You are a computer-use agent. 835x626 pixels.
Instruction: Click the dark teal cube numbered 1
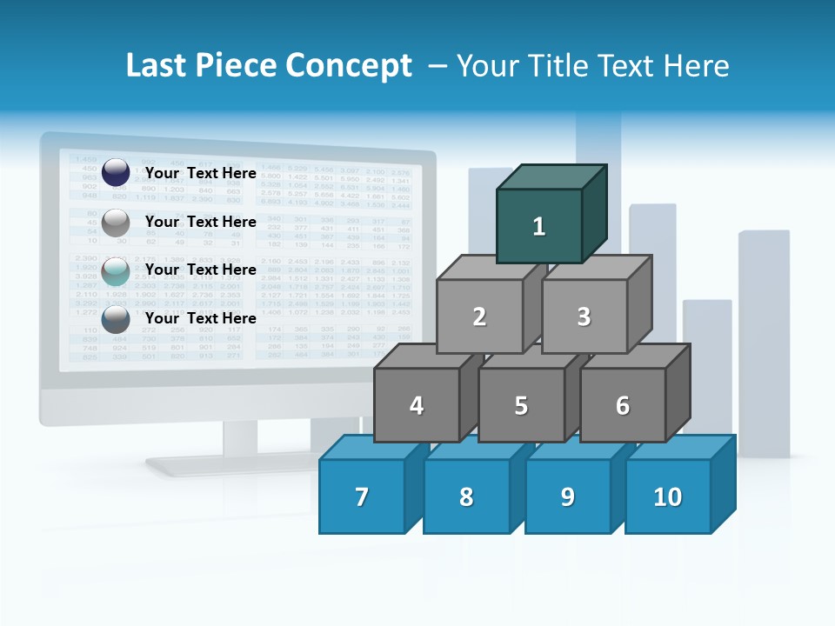pos(539,226)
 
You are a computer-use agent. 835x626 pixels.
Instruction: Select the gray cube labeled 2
pos(479,317)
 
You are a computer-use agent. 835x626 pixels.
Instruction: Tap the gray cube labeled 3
pos(584,317)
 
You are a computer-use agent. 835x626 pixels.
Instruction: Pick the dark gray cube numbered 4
pos(417,405)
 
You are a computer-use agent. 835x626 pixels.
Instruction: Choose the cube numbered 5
pos(521,405)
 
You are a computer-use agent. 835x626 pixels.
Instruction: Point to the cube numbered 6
pos(623,405)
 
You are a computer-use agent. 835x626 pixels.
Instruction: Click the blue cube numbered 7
pos(362,496)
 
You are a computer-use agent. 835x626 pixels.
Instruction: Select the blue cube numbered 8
pos(466,496)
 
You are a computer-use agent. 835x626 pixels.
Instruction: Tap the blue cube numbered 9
pos(568,496)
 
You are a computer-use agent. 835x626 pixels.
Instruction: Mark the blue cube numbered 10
pos(668,496)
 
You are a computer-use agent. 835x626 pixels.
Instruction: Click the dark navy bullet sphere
pos(116,173)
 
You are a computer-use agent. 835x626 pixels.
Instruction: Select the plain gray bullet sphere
pos(116,223)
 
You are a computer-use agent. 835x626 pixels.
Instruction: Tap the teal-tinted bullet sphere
pos(116,271)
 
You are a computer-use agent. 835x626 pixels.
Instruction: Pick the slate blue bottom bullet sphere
pos(116,319)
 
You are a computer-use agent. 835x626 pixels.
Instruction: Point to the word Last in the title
pos(157,66)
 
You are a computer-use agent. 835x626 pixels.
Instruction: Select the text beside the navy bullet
pos(200,173)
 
